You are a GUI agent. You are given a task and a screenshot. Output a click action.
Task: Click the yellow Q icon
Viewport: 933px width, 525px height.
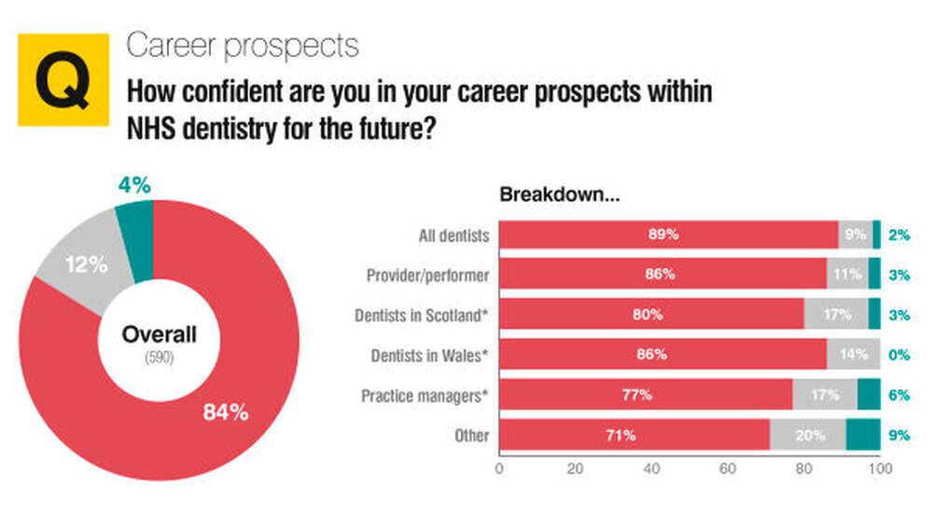(63, 78)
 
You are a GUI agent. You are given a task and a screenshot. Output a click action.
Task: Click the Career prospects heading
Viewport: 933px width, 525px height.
(243, 45)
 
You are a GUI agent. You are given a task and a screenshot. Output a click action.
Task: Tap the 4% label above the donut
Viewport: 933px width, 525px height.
(134, 186)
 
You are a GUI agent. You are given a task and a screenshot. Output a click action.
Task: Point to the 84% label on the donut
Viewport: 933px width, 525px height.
(226, 412)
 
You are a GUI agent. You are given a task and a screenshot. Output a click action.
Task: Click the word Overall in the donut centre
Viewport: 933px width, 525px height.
(160, 334)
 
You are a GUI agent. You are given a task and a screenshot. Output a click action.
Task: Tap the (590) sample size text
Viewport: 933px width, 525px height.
(160, 358)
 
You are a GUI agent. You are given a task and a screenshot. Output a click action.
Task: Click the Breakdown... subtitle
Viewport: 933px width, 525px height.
(560, 195)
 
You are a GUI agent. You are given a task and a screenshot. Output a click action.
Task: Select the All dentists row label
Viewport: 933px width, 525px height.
(453, 234)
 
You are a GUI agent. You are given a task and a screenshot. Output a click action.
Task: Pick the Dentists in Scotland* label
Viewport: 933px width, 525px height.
(422, 315)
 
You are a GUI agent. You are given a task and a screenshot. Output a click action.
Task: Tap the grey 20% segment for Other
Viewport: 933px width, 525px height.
(807, 435)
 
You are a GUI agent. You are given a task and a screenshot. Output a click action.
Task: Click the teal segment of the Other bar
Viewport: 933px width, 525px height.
(863, 435)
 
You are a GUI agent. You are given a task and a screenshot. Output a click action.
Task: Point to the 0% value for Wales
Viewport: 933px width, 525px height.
(899, 355)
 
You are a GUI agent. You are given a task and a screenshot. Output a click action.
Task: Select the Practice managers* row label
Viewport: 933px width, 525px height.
(425, 395)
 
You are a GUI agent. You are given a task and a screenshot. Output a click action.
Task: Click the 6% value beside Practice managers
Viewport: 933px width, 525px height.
(899, 395)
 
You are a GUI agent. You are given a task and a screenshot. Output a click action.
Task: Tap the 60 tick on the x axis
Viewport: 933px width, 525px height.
(728, 468)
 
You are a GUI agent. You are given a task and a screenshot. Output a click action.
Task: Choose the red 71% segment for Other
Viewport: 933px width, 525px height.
(634, 435)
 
